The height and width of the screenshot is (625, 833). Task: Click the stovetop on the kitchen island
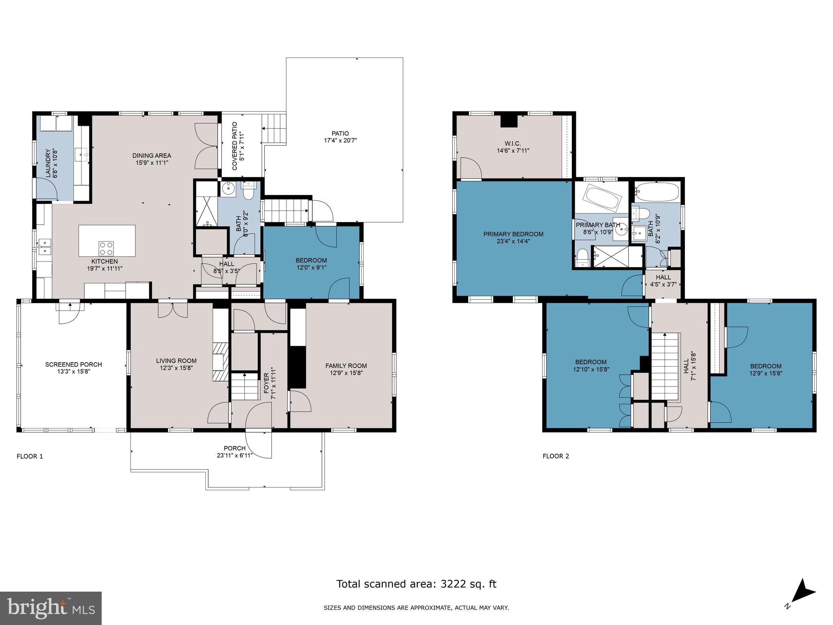(x=107, y=248)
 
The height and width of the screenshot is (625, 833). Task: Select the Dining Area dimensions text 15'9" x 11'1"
(x=152, y=163)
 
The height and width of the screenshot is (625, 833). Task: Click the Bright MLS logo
(x=50, y=608)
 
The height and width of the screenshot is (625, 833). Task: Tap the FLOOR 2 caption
(x=556, y=456)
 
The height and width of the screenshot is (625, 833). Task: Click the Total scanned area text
(x=416, y=584)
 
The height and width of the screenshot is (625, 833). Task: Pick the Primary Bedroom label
(x=513, y=234)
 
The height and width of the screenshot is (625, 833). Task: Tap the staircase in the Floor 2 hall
(x=666, y=366)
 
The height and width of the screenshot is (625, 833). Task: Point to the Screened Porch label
(x=73, y=365)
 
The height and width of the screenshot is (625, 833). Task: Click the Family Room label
(x=346, y=366)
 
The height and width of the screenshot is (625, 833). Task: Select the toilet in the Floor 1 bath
(x=248, y=190)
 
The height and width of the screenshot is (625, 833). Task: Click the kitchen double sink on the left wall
(x=44, y=247)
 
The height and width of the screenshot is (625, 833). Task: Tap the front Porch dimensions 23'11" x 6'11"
(x=235, y=455)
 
